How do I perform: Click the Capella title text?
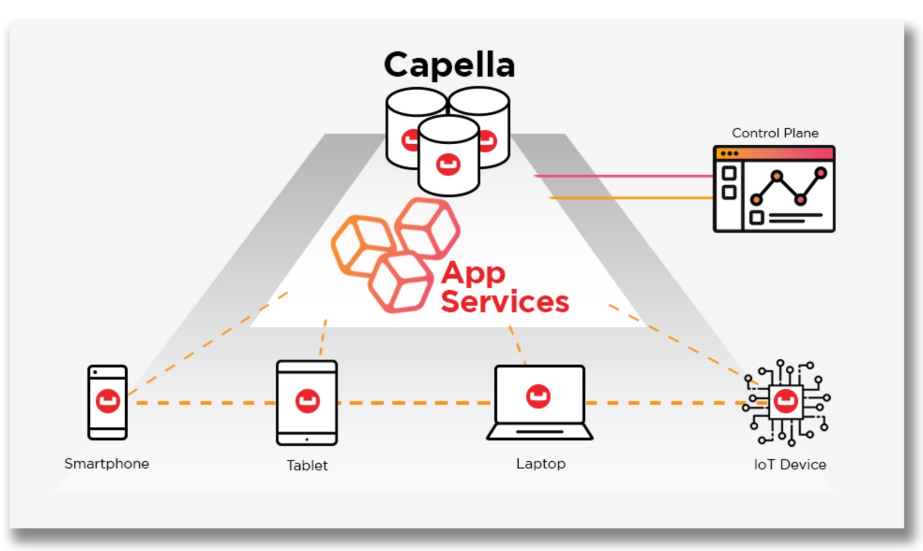[x=449, y=65]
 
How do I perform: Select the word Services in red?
[x=505, y=302]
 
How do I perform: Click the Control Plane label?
[x=775, y=133]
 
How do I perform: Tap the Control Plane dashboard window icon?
[x=774, y=189]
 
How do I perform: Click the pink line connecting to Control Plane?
[x=623, y=176]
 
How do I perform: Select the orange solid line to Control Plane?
[x=629, y=198]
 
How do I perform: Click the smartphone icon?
[x=107, y=402]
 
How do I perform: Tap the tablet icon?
[x=307, y=403]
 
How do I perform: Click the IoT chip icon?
[x=786, y=402]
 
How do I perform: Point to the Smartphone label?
[x=107, y=464]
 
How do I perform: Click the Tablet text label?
[x=307, y=466]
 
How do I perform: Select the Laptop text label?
[x=541, y=464]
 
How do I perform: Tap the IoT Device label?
[x=790, y=464]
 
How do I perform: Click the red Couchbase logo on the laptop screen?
[x=538, y=396]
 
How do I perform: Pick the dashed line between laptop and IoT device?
[x=663, y=403]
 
